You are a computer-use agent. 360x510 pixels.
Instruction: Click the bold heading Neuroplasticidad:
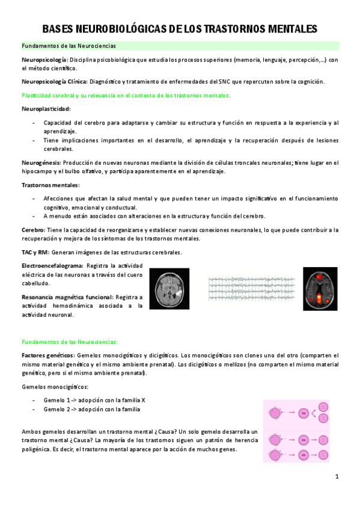[x=46, y=109]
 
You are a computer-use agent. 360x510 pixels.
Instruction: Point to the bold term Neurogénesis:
[x=41, y=163]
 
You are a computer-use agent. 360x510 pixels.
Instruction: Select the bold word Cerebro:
[x=33, y=230]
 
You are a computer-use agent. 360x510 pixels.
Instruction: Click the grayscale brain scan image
[x=169, y=288]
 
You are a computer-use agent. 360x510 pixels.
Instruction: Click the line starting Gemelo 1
[x=94, y=400]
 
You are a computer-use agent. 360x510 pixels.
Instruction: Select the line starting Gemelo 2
[x=92, y=409]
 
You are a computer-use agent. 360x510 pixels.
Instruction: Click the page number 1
[x=337, y=477]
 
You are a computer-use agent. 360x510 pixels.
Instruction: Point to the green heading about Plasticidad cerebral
[x=125, y=96]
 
